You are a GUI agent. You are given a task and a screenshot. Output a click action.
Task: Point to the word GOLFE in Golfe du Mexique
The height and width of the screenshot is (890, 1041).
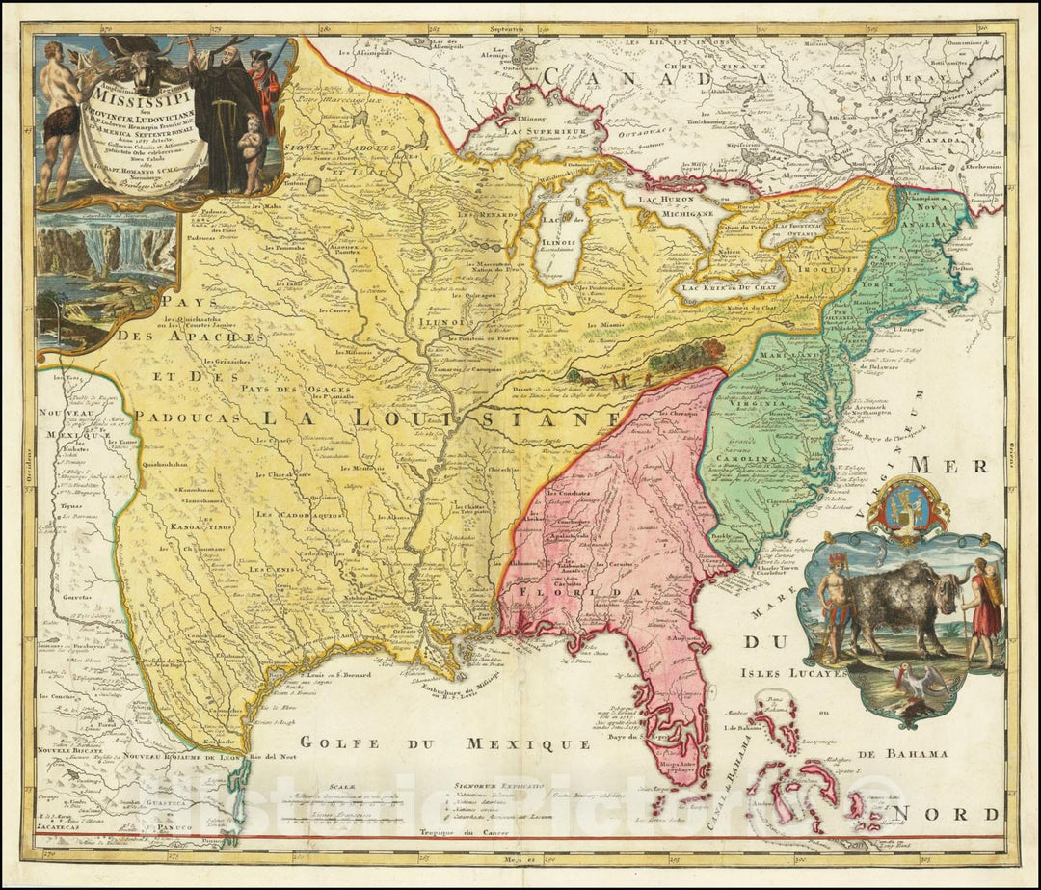click(x=333, y=742)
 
